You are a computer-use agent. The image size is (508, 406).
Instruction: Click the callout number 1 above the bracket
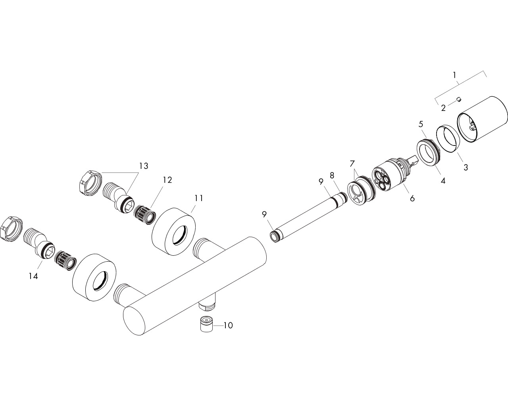[455, 75]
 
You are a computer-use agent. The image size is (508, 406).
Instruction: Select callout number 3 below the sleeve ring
[466, 167]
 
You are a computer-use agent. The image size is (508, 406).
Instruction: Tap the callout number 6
[412, 198]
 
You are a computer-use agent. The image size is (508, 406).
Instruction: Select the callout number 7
[352, 163]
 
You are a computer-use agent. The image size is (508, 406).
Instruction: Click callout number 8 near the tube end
[332, 175]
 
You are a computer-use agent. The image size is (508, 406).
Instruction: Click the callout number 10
[228, 326]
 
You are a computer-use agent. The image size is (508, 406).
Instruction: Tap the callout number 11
[199, 198]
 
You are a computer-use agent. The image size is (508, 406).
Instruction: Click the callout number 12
[167, 180]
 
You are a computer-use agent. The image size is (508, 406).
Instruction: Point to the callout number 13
[143, 166]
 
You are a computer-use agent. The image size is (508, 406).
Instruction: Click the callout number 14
[33, 276]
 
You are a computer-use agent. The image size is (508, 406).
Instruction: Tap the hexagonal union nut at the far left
[11, 228]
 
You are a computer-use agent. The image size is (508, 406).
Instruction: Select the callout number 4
[443, 181]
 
